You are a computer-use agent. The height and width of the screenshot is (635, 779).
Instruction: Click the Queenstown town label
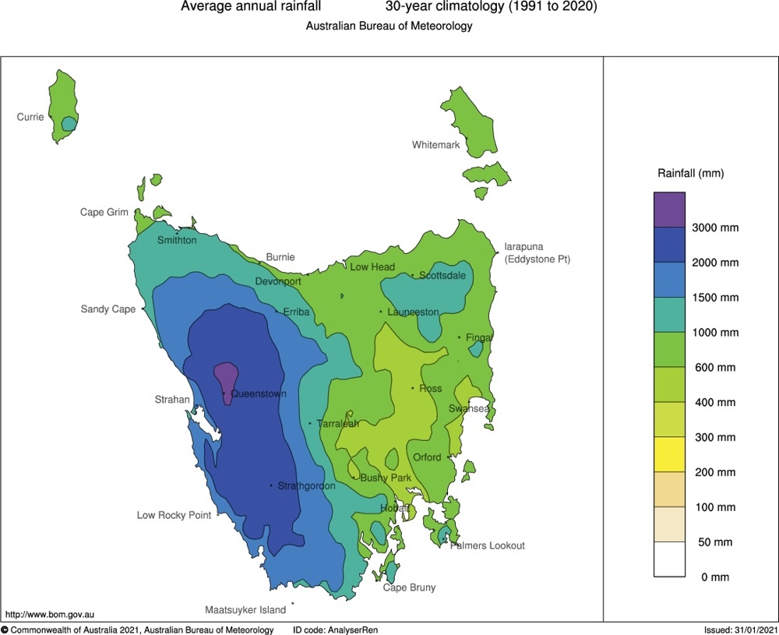pos(258,394)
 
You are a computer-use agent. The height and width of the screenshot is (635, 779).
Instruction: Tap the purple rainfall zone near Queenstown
pos(226,377)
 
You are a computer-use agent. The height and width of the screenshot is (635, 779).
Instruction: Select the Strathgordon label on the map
pos(306,486)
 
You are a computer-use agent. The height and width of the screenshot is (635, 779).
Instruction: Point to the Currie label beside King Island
pos(30,118)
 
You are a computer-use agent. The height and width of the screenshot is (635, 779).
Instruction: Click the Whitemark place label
pos(435,145)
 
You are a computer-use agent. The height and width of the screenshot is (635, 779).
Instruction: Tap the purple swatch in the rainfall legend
pos(669,210)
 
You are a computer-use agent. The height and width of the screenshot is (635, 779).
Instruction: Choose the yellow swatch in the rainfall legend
pos(669,454)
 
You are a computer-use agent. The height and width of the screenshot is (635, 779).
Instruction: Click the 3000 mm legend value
pos(715,228)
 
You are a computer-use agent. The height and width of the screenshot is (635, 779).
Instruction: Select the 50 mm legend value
pos(714,542)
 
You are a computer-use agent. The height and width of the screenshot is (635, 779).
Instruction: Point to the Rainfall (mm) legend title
pos(691,173)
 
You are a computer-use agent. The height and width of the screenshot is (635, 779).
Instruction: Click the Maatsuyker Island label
pos(245,610)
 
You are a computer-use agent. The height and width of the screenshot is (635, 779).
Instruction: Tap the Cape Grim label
pos(104,213)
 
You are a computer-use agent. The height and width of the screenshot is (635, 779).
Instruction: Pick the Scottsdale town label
pos(442,276)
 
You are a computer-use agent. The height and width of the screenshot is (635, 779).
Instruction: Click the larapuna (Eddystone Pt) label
pos(537,252)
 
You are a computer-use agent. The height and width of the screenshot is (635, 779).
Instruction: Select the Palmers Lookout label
pos(488,546)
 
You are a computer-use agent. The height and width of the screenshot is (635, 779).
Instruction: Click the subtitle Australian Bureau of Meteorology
pos(389,26)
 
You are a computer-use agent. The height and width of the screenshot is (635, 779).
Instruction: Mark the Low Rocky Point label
pos(174,516)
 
